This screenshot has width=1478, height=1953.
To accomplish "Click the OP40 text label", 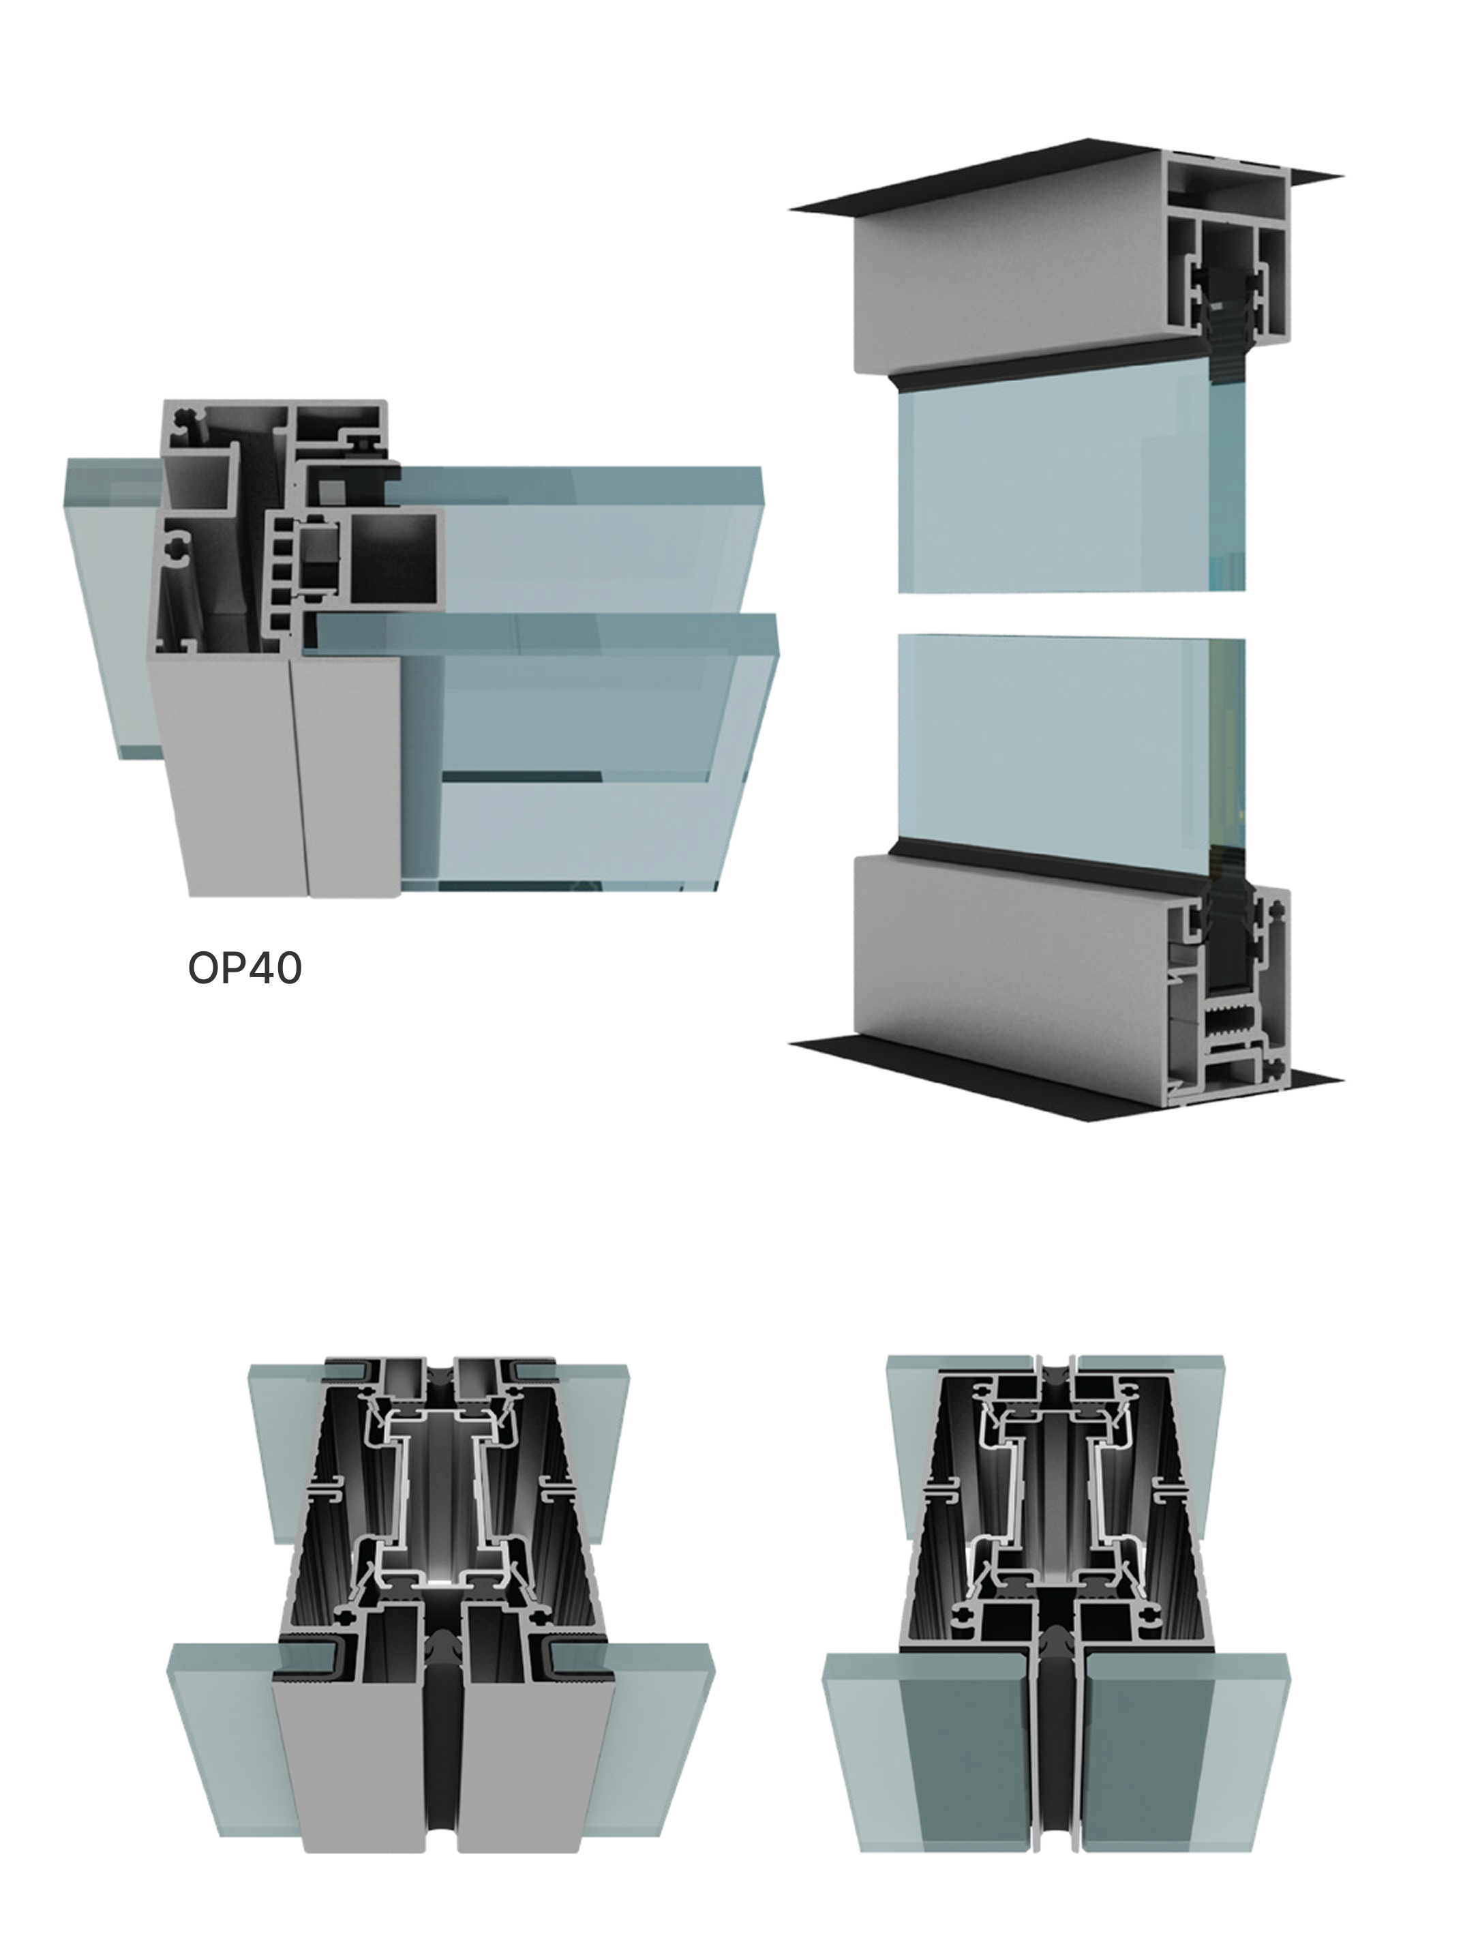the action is pyautogui.click(x=245, y=968).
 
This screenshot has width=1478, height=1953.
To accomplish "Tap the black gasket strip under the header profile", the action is pyautogui.click(x=1051, y=371).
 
